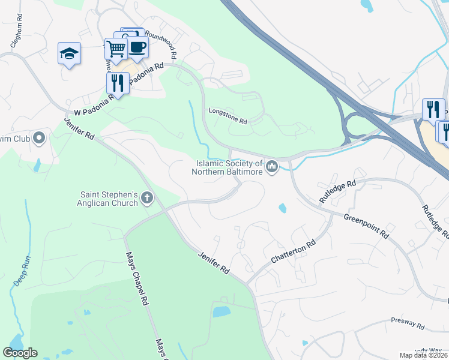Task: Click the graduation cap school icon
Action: tap(70, 53)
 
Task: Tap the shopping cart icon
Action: tap(116, 49)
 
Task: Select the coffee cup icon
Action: tap(137, 47)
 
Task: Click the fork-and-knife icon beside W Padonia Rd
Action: tap(118, 83)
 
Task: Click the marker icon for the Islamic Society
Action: tap(272, 166)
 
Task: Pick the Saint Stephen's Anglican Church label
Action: tap(110, 199)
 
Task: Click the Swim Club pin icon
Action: tap(40, 139)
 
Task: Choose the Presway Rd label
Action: tap(408, 324)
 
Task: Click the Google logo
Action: tap(20, 353)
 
